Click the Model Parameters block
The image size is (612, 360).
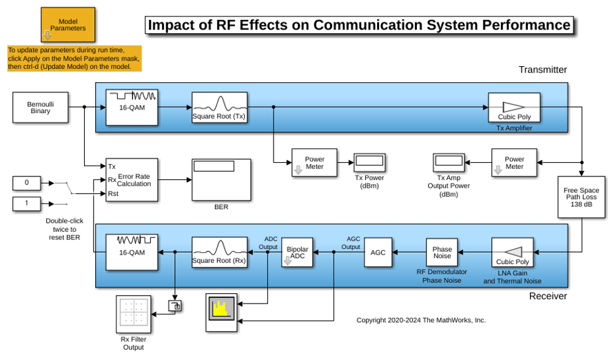68,25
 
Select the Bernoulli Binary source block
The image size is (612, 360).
41,108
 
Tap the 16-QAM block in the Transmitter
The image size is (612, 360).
132,108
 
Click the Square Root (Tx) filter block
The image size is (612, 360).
219,108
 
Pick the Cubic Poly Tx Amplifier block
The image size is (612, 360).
514,108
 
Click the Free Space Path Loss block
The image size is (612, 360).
581,197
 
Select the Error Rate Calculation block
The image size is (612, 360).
132,180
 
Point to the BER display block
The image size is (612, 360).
221,180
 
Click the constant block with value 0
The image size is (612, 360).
27,183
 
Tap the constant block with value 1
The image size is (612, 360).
27,203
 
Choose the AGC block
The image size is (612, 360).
378,252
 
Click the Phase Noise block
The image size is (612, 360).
442,252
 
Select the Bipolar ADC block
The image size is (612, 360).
297,252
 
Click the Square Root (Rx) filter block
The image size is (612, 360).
219,252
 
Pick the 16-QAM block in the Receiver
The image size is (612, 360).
132,252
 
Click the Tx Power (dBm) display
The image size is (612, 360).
369,163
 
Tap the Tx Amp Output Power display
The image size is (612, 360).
449,163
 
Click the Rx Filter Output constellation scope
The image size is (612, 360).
134,314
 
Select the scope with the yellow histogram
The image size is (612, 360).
221,312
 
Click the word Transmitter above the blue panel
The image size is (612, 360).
542,70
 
